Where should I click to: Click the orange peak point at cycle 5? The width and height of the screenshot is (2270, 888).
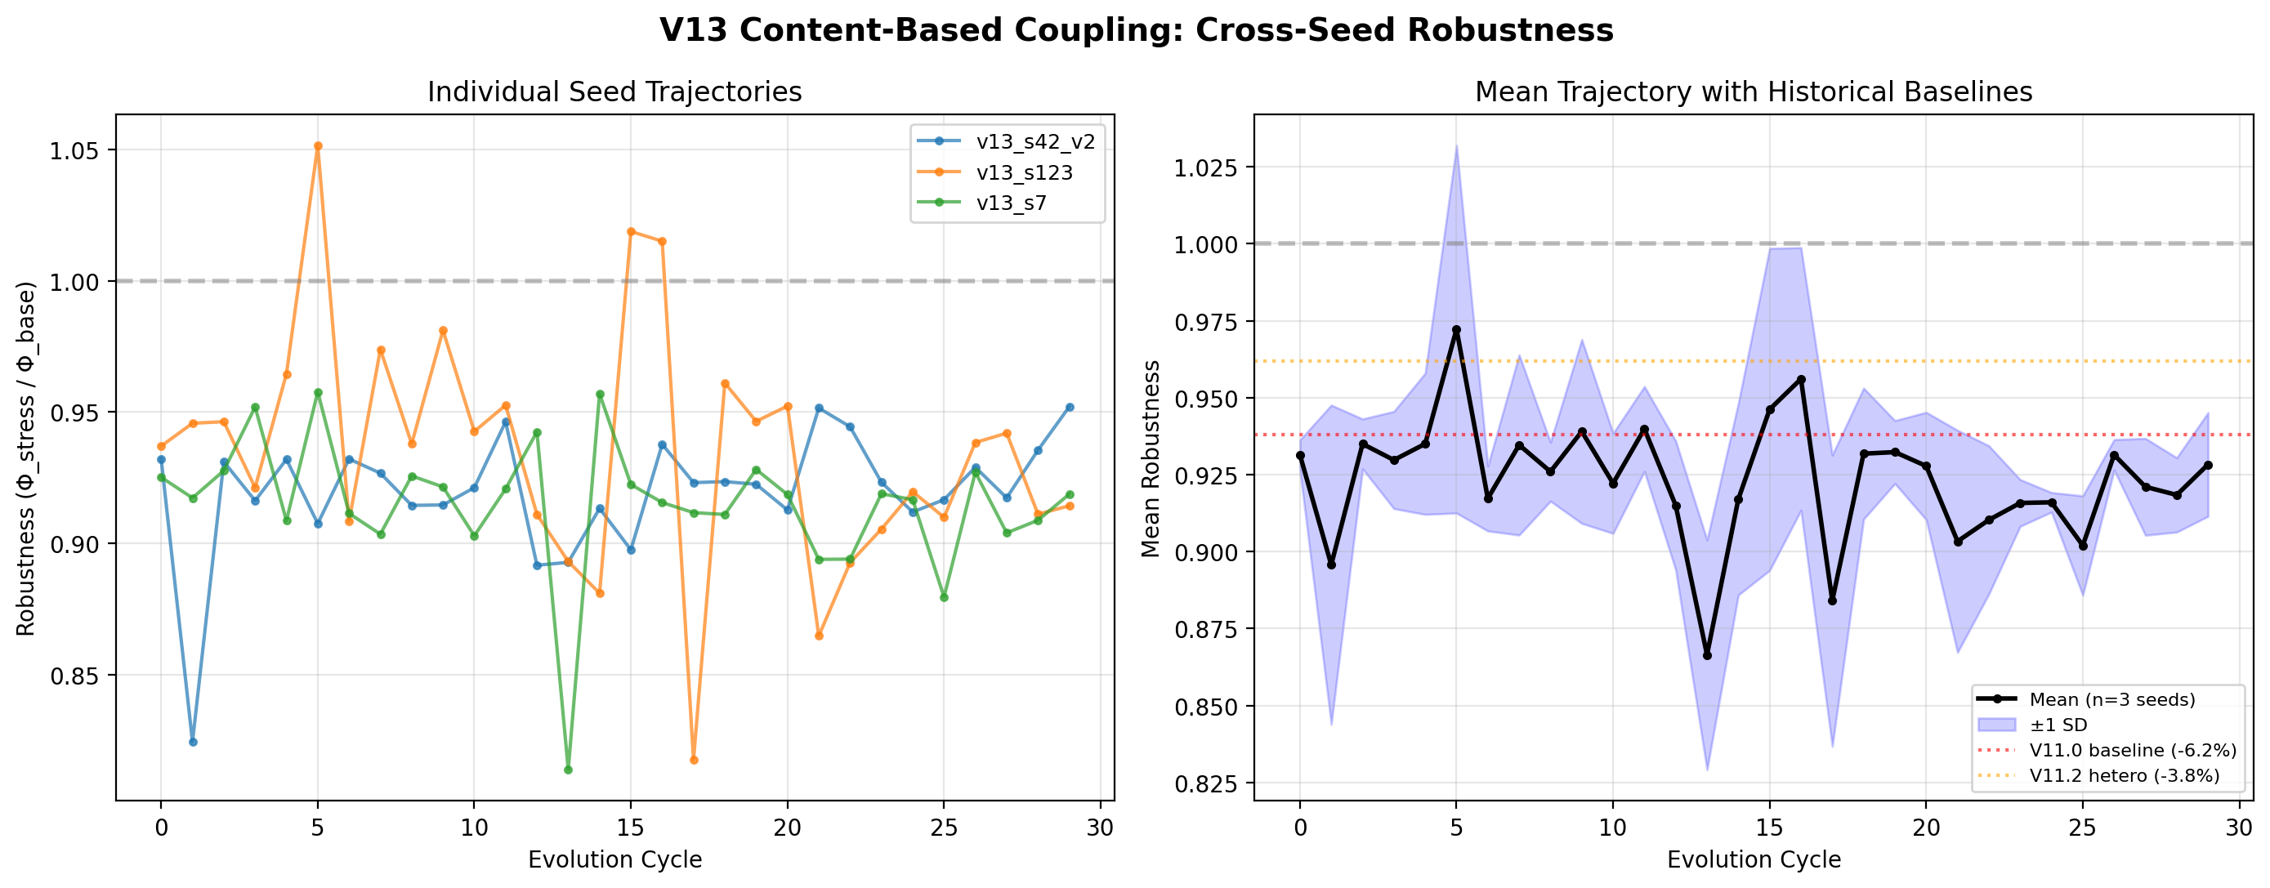[x=318, y=146]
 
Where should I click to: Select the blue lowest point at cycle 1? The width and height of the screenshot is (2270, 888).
[x=193, y=742]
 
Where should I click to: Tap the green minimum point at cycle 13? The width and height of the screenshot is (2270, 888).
[x=569, y=770]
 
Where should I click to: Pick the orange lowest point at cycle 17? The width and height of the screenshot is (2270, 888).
[x=694, y=760]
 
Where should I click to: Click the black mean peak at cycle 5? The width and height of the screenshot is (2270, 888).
[x=1457, y=330]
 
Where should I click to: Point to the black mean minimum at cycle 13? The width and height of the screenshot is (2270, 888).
[x=1707, y=655]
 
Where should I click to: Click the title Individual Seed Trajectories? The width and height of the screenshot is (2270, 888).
[x=614, y=92]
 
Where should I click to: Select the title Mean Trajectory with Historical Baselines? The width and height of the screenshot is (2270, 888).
[x=1754, y=92]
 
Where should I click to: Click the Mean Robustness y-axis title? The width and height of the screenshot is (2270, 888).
[x=1151, y=458]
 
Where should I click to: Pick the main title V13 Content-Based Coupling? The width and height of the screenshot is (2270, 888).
[x=1136, y=31]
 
